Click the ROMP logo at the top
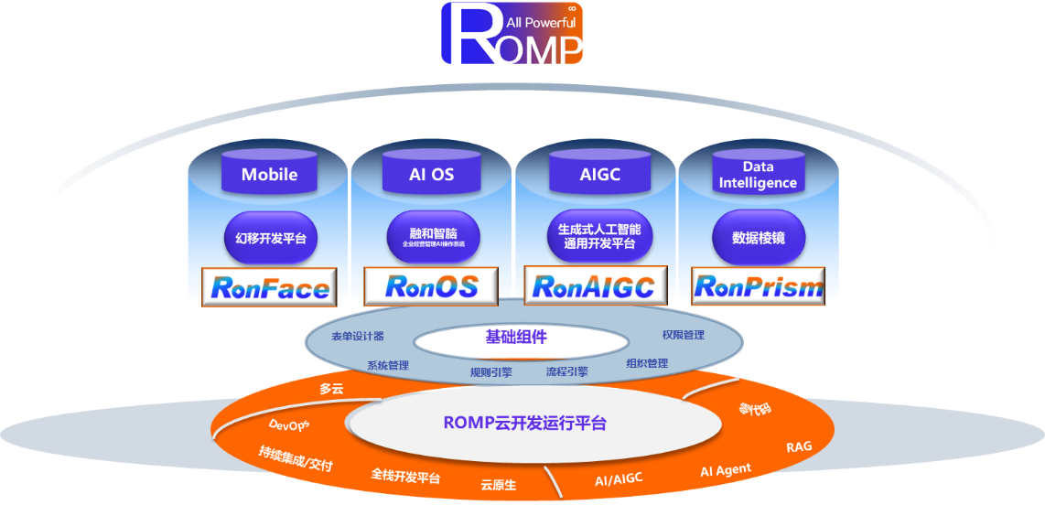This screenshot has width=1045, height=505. point(512,34)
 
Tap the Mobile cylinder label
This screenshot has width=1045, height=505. point(269,174)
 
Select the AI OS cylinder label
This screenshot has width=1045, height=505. point(431,174)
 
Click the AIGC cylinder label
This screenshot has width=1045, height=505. point(599,174)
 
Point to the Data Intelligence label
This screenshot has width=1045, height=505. point(758,175)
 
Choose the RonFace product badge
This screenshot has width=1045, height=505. point(269,288)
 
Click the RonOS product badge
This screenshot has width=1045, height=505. point(431,287)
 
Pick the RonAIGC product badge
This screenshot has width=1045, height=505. point(593,287)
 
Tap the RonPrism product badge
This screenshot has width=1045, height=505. point(759,287)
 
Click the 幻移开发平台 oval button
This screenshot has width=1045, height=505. point(270,239)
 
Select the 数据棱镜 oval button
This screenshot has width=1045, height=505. point(758,239)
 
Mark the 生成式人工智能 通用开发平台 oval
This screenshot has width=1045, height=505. point(599,237)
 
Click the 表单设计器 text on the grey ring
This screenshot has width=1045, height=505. point(358,337)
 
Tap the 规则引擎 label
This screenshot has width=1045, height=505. point(491,372)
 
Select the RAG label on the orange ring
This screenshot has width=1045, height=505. point(799,447)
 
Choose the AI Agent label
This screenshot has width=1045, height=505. point(726,470)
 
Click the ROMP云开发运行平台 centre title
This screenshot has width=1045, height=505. point(524,424)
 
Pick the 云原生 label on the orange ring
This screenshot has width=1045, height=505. point(499,484)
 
